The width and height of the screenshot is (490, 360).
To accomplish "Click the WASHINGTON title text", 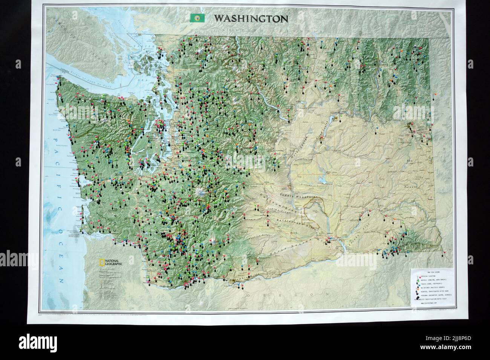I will tap(251, 18).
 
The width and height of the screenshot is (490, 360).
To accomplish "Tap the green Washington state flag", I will tap(197, 18).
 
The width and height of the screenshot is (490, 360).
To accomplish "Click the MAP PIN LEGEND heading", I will tap(433, 272).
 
